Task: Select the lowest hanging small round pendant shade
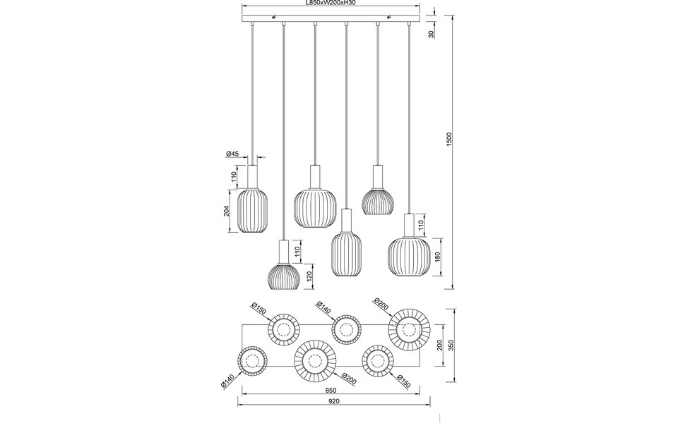(284, 275)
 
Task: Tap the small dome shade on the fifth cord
(378, 200)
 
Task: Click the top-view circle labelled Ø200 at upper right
(408, 329)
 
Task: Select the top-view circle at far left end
(251, 363)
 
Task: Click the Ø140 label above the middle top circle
(324, 307)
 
